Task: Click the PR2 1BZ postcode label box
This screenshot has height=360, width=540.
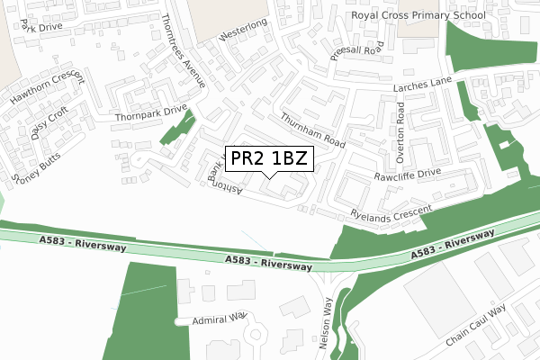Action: tap(269, 159)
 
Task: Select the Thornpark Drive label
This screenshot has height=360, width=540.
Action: tap(150, 113)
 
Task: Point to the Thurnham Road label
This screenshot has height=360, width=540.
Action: tap(313, 131)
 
